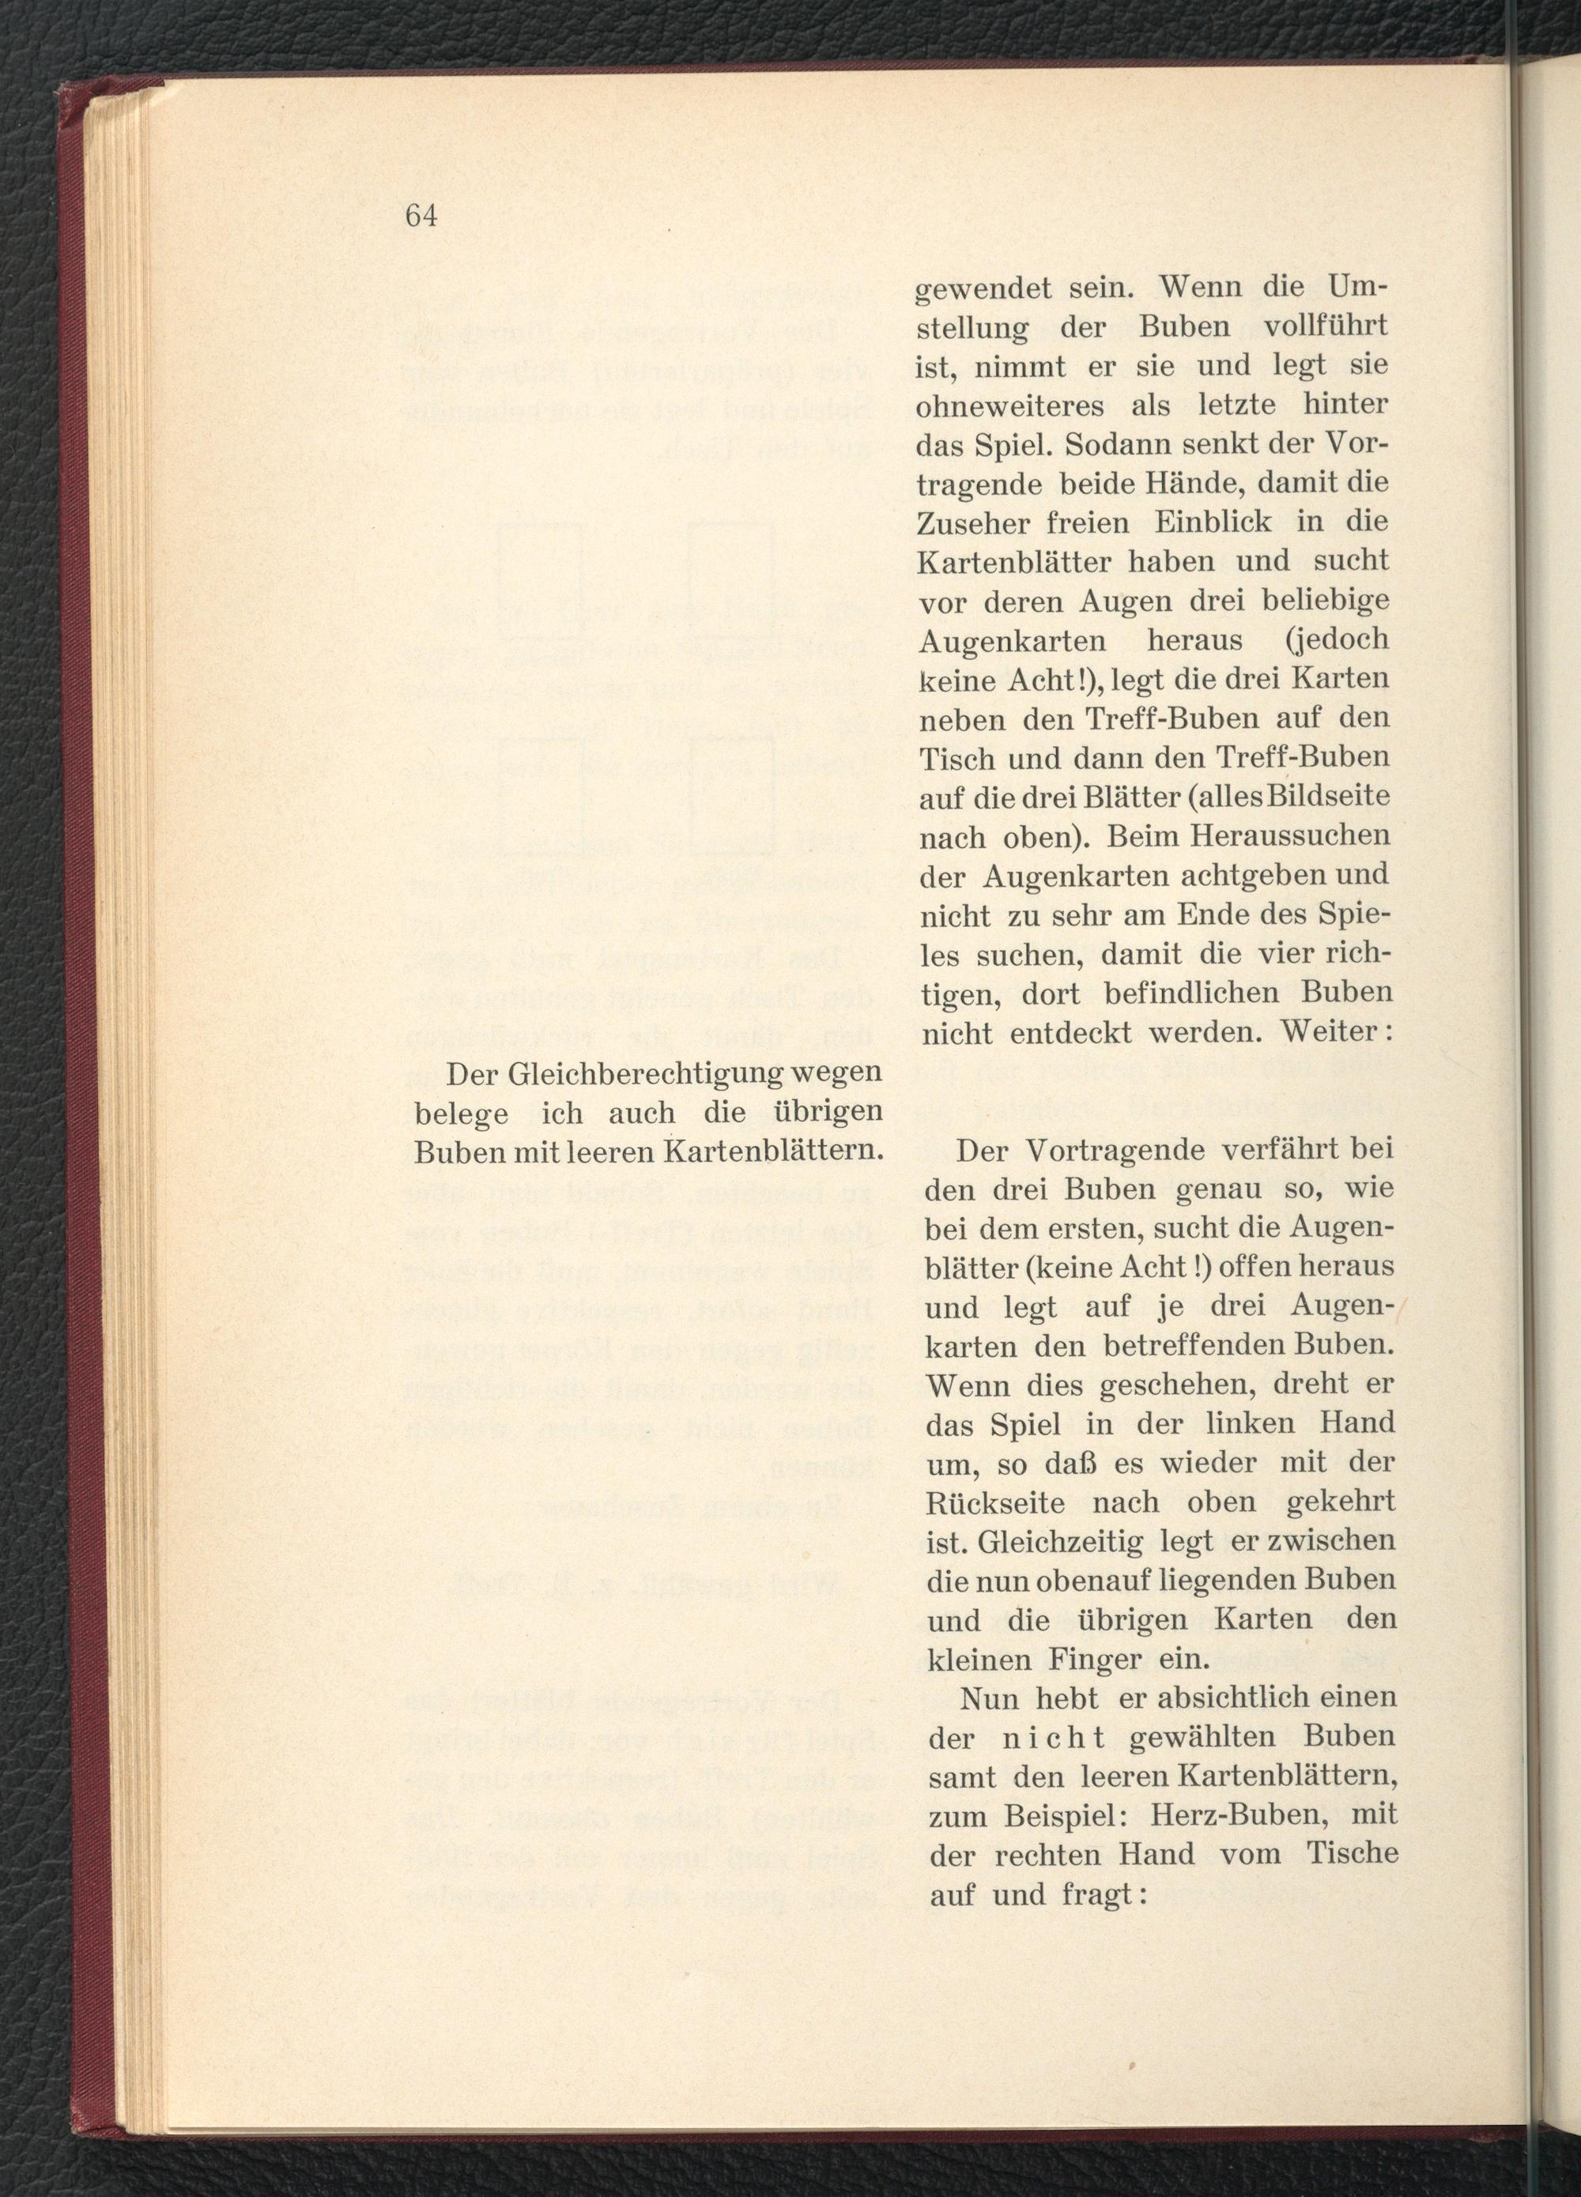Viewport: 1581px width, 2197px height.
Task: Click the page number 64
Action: (x=422, y=215)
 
